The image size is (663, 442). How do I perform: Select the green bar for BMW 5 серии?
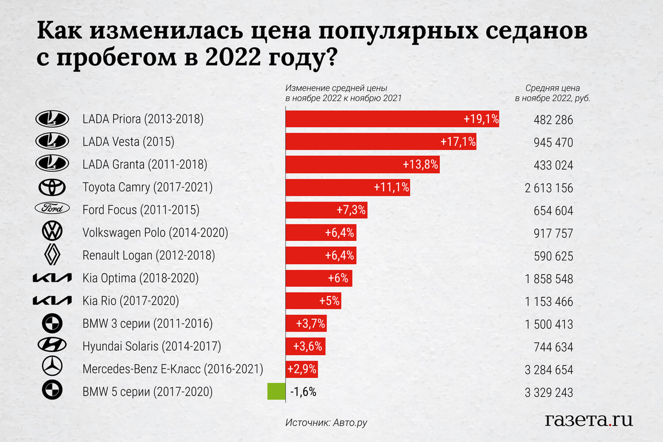click(x=276, y=392)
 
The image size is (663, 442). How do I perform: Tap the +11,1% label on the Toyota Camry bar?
click(x=391, y=188)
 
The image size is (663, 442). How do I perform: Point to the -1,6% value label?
click(x=303, y=392)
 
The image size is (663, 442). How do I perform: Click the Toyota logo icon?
click(x=52, y=188)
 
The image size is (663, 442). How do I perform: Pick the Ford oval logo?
click(x=52, y=210)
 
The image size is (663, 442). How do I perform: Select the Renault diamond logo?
click(x=52, y=255)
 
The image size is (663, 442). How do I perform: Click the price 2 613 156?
click(x=549, y=188)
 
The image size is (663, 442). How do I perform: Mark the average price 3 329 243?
click(x=549, y=392)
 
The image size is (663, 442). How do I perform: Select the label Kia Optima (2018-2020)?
click(x=140, y=278)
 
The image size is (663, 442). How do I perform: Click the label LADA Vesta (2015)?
click(x=128, y=142)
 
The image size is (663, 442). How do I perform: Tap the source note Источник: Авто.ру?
click(x=327, y=423)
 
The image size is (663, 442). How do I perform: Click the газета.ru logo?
click(x=588, y=420)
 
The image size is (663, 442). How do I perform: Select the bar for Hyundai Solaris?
click(x=304, y=346)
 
